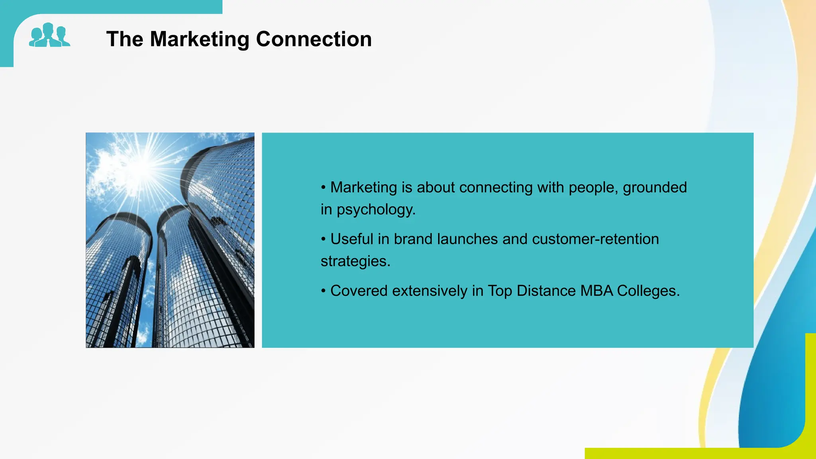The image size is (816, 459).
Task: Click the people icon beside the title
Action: click(49, 35)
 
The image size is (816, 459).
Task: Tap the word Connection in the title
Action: click(314, 39)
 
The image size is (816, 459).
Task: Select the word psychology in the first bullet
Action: click(376, 210)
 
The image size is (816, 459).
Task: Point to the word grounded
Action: click(655, 187)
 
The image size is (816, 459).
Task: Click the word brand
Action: click(413, 239)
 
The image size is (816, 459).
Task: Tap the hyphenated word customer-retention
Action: click(595, 239)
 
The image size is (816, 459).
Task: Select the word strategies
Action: click(355, 261)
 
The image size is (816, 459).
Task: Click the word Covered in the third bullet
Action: click(359, 291)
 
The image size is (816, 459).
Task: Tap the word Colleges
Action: click(648, 291)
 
